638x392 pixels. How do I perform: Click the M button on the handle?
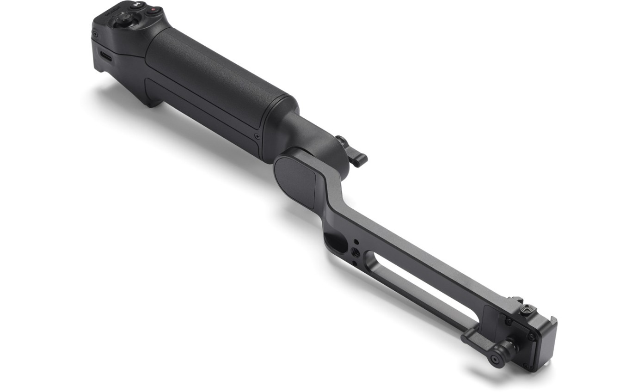pyautogui.click(x=137, y=6)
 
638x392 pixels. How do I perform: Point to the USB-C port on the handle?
pyautogui.click(x=105, y=57)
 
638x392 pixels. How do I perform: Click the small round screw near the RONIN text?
pyautogui.click(x=95, y=34)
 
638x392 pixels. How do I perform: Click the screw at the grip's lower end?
pyautogui.click(x=257, y=136)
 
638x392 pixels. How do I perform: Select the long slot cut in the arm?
pyautogui.click(x=421, y=289)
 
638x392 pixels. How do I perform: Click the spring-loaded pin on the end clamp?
pyautogui.click(x=527, y=308)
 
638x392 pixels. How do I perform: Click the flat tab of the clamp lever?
pyautogui.click(x=476, y=340)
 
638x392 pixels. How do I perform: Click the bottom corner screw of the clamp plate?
pyautogui.click(x=527, y=366)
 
